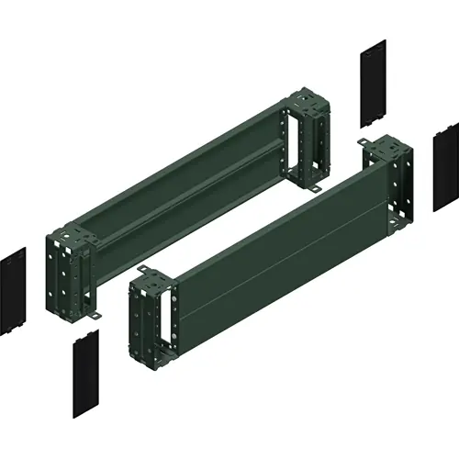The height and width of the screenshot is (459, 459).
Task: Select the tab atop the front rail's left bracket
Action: (143, 270)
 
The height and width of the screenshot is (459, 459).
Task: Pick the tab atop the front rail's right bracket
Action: (366, 140)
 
